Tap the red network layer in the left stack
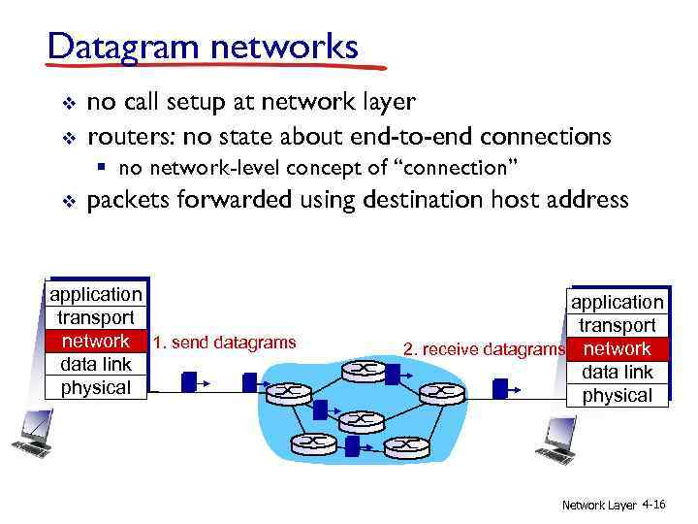pos(95,342)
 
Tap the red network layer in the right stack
pos(618,348)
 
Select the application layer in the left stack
pos(95,294)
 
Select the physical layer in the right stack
pos(618,395)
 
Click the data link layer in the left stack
pos(95,365)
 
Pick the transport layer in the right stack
pos(618,325)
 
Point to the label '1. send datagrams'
pos(224,342)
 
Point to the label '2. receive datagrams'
pos(484,349)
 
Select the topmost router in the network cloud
pos(357,369)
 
